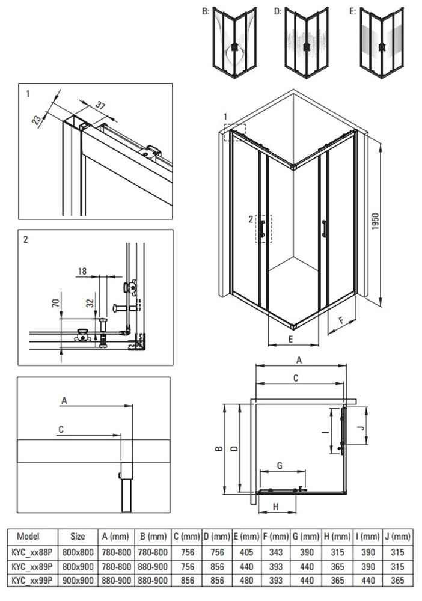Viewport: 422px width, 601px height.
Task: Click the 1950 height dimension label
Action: (375, 222)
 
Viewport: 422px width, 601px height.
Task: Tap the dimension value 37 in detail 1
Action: (100, 106)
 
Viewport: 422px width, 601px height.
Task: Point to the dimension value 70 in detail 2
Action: (55, 302)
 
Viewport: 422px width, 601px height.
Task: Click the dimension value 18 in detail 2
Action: (82, 272)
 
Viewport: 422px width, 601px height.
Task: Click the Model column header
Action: (28, 536)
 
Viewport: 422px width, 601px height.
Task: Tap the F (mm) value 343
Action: (276, 552)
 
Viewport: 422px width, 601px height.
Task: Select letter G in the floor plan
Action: (280, 466)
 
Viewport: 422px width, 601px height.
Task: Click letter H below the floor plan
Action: (275, 507)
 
